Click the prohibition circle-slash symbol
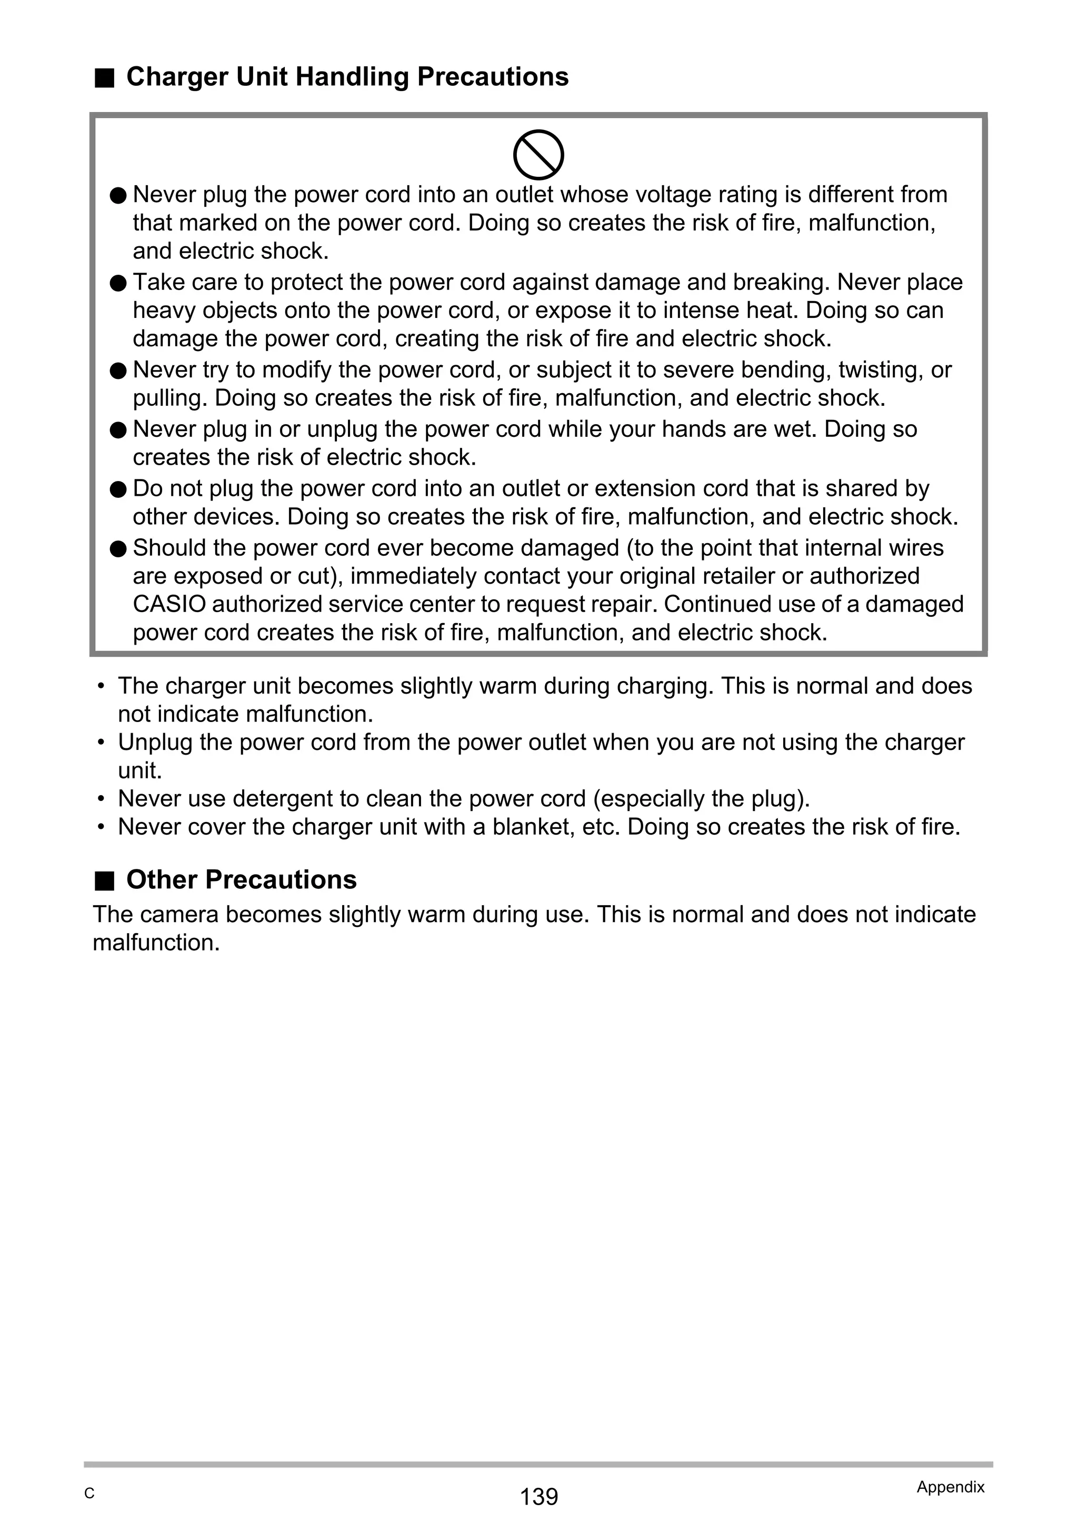[x=538, y=155]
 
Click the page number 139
[x=538, y=1497]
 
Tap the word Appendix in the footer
[x=951, y=1487]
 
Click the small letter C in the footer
[x=89, y=1494]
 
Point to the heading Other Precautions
[x=241, y=879]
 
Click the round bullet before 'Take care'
[x=118, y=283]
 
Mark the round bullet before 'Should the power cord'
[x=118, y=548]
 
